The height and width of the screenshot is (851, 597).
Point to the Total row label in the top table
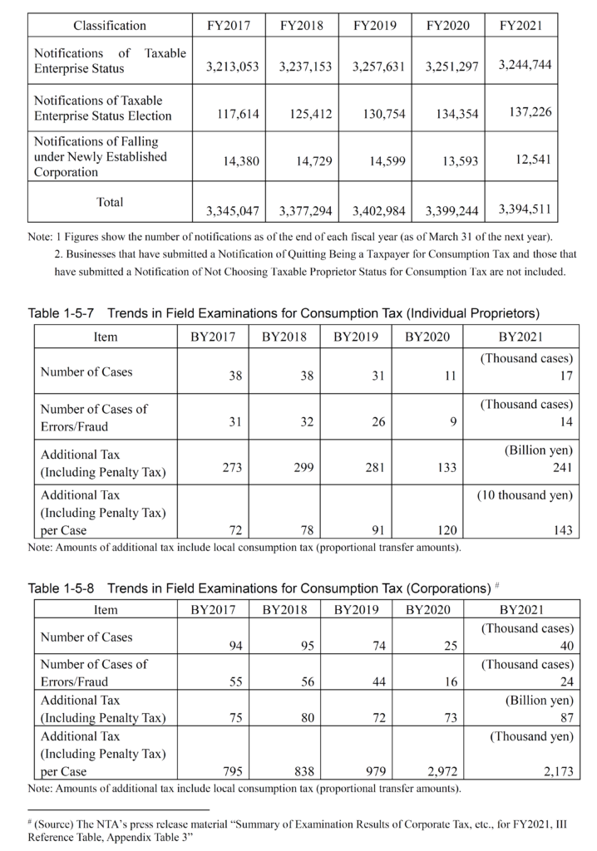click(x=110, y=202)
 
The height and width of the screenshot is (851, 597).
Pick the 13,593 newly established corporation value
click(x=457, y=162)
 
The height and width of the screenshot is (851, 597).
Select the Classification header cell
click(x=110, y=26)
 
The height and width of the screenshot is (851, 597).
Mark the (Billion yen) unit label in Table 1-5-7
click(x=538, y=450)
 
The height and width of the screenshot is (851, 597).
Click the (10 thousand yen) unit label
click(x=524, y=495)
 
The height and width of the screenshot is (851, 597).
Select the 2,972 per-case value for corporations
click(x=442, y=772)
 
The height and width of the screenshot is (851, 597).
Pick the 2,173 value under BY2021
click(x=557, y=772)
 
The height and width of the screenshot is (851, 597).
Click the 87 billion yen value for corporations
click(x=565, y=718)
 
